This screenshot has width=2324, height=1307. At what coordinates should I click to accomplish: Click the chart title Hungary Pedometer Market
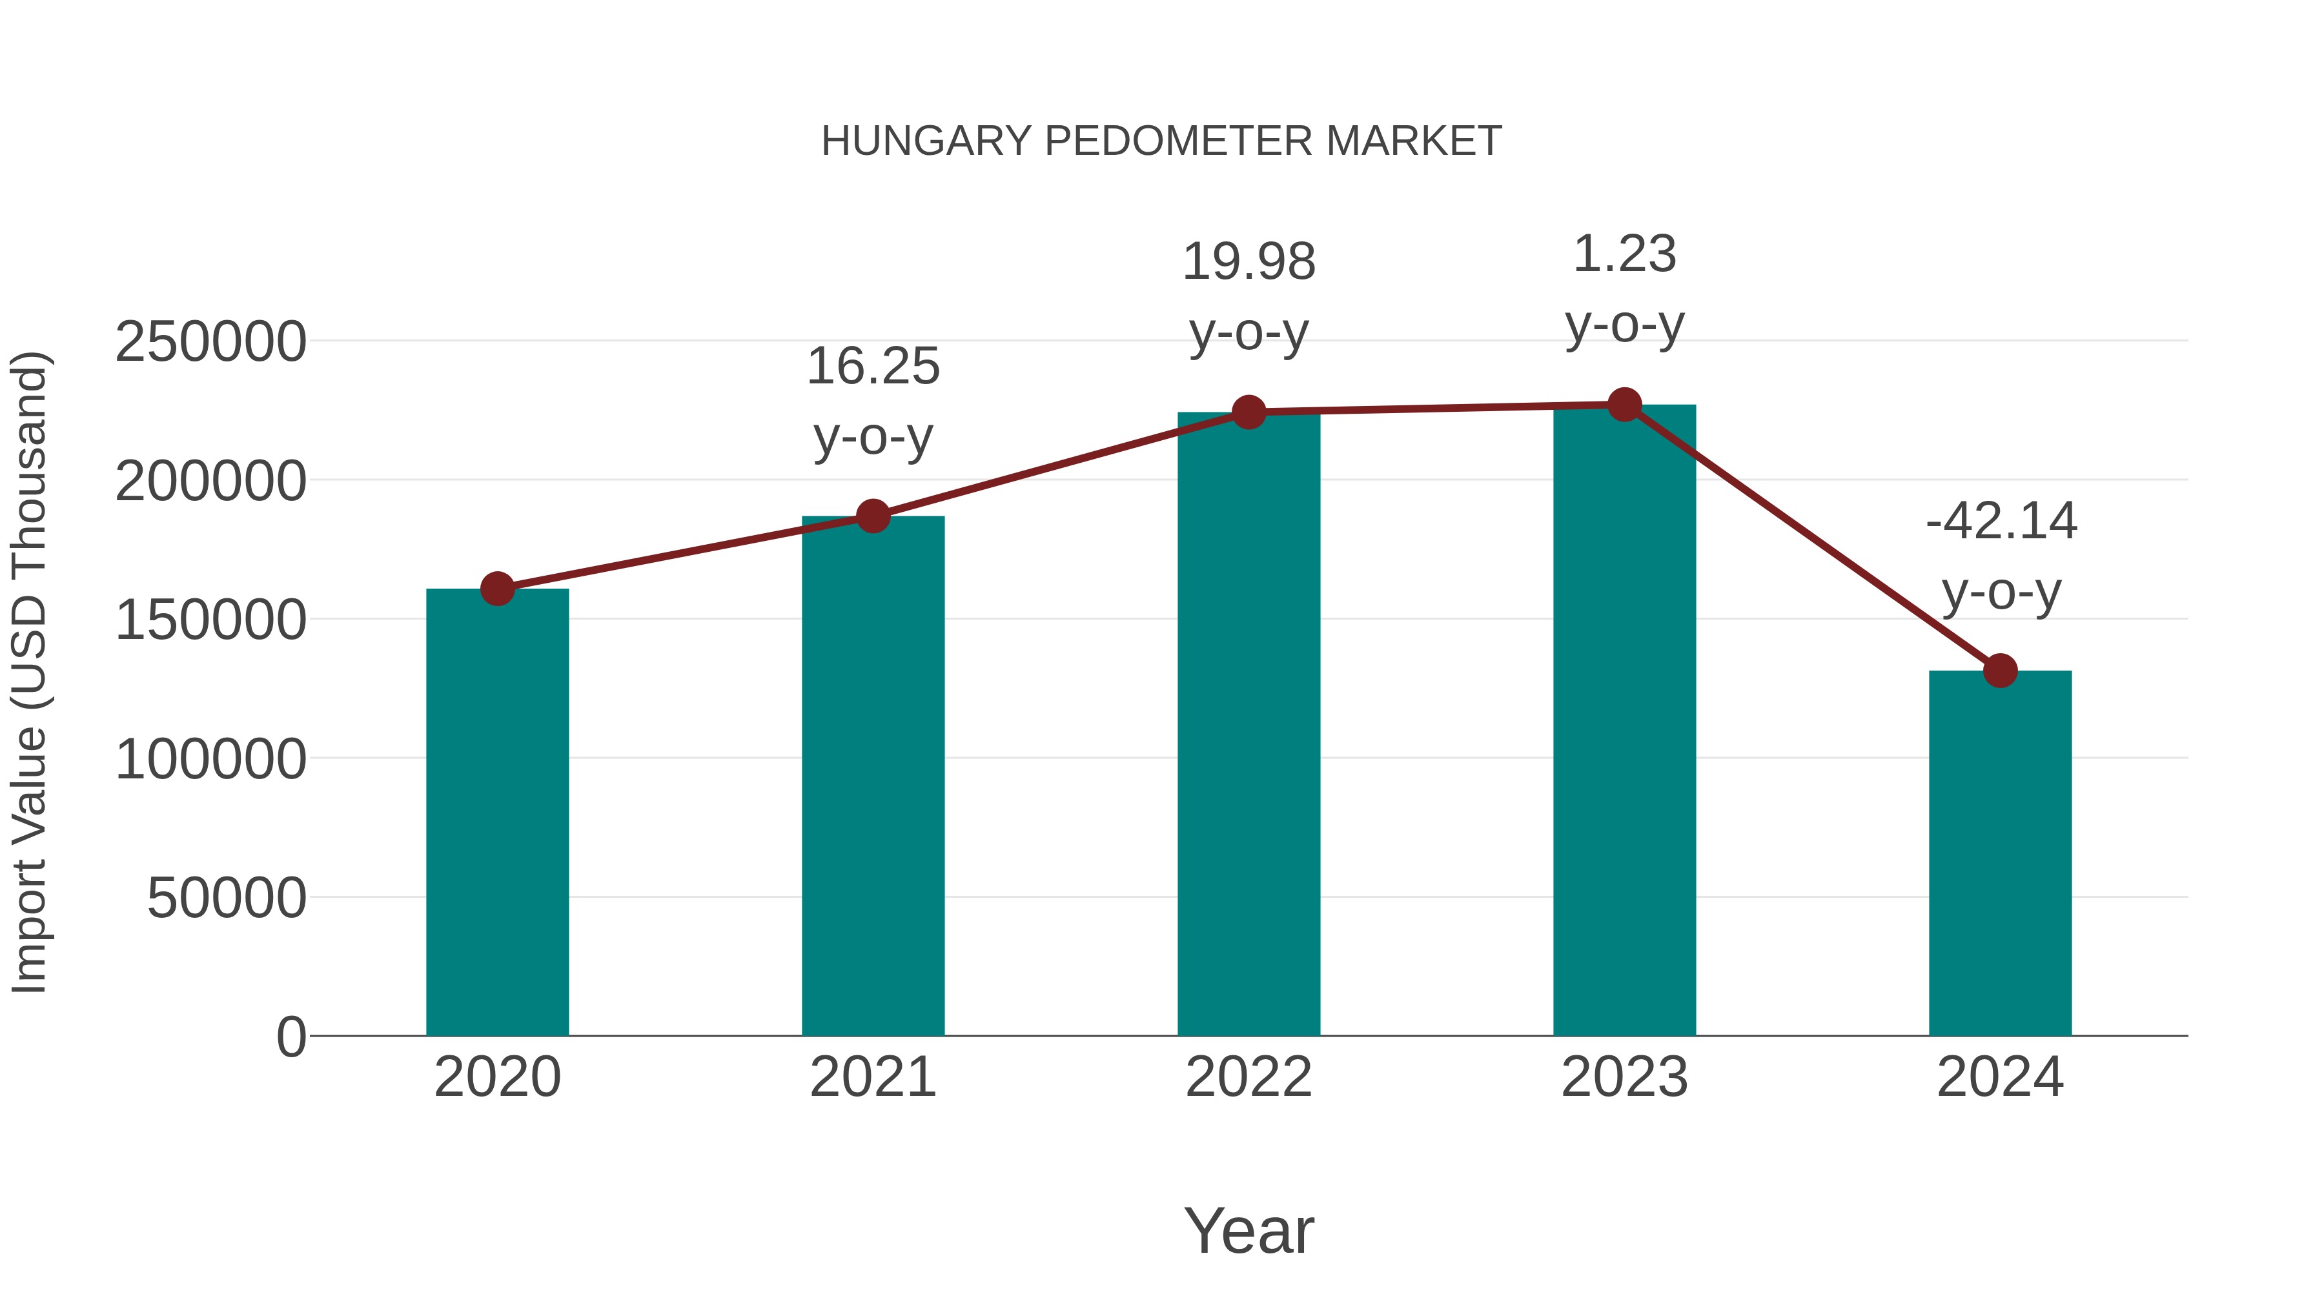pyautogui.click(x=1161, y=141)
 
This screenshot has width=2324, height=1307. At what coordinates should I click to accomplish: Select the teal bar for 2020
pyautogui.click(x=497, y=812)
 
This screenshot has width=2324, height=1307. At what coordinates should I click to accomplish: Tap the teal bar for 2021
pyautogui.click(x=872, y=776)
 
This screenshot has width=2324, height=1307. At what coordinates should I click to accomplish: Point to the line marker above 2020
pyautogui.click(x=497, y=589)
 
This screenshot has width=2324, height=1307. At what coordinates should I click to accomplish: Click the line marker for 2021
pyautogui.click(x=872, y=517)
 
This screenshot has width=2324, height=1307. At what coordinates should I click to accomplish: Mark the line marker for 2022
pyautogui.click(x=1249, y=412)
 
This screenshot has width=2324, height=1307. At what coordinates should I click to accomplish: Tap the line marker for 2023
pyautogui.click(x=1624, y=405)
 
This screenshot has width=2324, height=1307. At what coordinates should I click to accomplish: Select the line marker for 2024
pyautogui.click(x=2000, y=671)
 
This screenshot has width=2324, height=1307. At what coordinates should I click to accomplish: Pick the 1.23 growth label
pyautogui.click(x=1624, y=254)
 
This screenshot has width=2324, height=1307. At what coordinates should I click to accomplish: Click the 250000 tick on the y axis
pyautogui.click(x=210, y=343)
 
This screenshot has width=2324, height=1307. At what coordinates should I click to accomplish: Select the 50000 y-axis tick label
pyautogui.click(x=227, y=898)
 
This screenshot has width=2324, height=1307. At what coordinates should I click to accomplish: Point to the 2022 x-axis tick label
pyautogui.click(x=1249, y=1077)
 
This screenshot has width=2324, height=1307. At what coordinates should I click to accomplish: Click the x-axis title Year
pyautogui.click(x=1249, y=1230)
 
